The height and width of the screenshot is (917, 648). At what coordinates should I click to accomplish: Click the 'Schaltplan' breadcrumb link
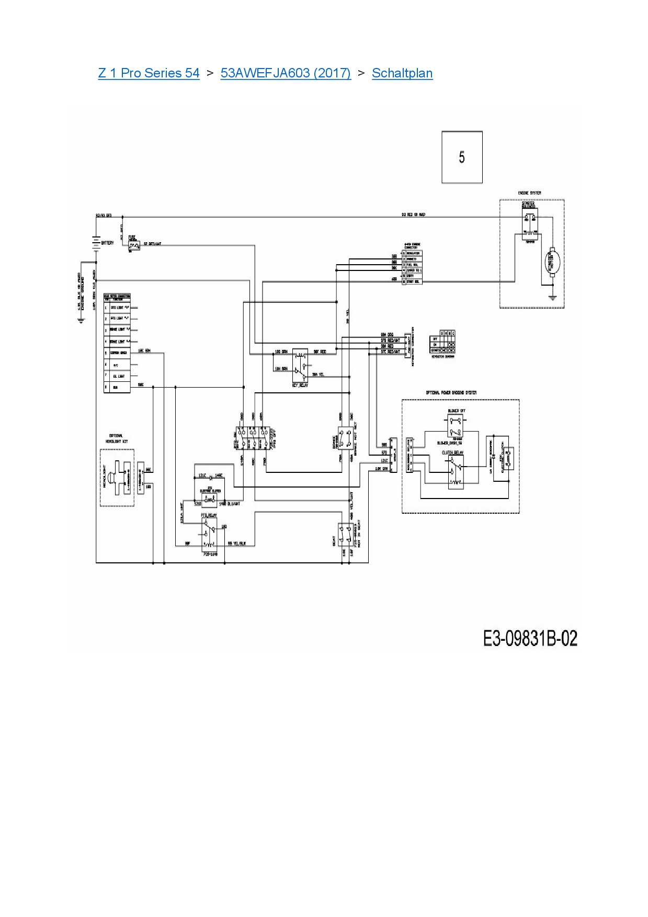(402, 73)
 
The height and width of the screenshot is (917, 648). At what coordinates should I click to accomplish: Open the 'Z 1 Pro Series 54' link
(149, 73)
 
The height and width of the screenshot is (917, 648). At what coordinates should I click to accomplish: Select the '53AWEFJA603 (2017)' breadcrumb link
(286, 73)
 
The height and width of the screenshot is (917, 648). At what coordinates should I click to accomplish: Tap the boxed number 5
(462, 157)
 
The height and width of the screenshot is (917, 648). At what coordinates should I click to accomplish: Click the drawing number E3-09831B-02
(530, 638)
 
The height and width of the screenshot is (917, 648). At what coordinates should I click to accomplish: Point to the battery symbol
(96, 243)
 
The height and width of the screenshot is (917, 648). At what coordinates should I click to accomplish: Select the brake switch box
(346, 438)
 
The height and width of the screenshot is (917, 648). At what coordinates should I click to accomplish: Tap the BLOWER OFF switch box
(456, 425)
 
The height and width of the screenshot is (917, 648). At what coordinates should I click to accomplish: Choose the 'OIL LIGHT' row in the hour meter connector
(117, 376)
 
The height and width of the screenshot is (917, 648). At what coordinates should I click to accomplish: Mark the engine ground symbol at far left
(81, 321)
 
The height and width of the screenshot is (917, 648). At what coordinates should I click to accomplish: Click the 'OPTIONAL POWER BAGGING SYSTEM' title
(451, 392)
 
